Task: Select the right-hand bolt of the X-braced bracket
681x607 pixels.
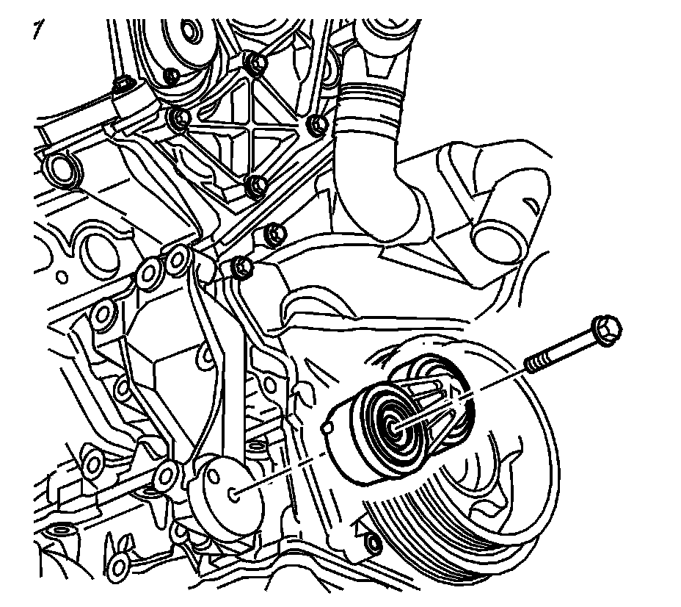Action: point(318,126)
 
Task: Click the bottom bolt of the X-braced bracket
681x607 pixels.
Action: point(255,186)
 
